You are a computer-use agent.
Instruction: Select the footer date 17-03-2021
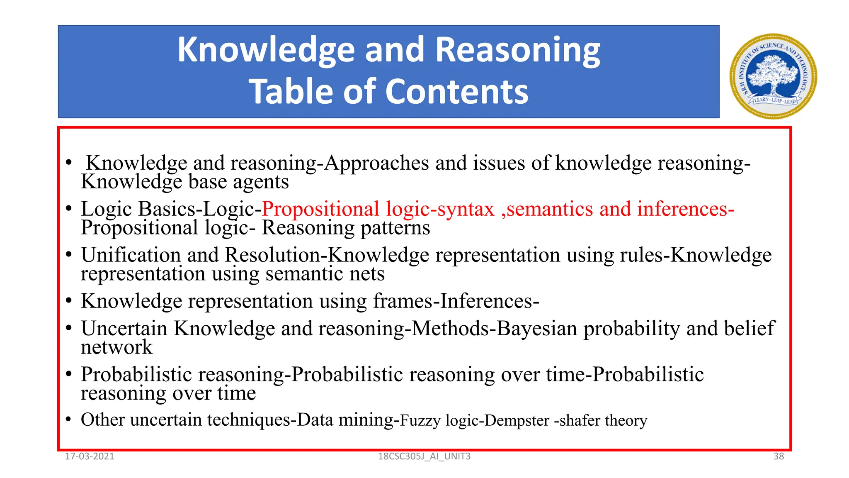click(x=90, y=456)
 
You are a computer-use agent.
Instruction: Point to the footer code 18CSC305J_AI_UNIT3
click(x=424, y=456)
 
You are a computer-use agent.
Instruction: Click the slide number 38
click(x=779, y=456)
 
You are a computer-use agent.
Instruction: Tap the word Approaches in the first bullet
click(x=376, y=163)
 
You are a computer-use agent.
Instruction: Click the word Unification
click(x=131, y=255)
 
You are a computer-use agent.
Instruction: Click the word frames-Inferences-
click(x=456, y=301)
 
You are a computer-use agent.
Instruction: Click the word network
click(x=116, y=347)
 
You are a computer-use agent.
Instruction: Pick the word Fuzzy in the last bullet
click(x=420, y=421)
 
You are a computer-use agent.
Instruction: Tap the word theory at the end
click(x=626, y=421)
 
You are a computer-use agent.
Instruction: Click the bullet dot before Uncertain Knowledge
click(x=69, y=328)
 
